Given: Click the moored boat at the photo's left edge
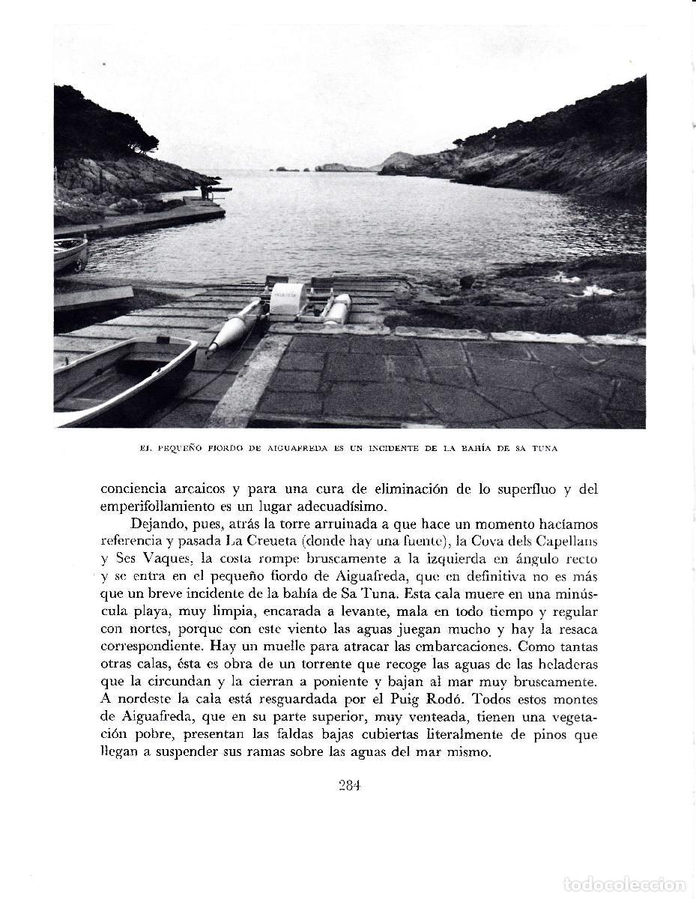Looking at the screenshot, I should [70, 253].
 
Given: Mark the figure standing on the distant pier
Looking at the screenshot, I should [203, 192].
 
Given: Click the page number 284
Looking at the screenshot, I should [349, 786].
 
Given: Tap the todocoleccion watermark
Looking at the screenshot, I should [624, 885].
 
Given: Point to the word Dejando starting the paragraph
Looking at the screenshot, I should [159, 524].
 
